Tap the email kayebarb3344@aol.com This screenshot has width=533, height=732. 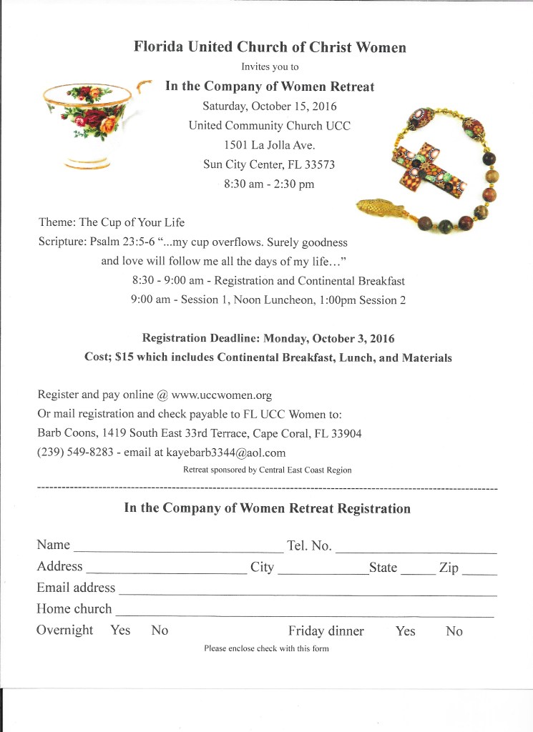pyautogui.click(x=226, y=452)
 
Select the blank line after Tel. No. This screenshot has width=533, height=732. pyautogui.click(x=416, y=552)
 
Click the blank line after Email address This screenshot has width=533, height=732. pyautogui.click(x=308, y=593)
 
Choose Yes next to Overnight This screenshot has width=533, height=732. pyautogui.click(x=120, y=630)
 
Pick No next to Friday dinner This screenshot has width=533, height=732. pyautogui.click(x=454, y=631)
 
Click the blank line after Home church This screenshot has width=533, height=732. pyautogui.click(x=304, y=614)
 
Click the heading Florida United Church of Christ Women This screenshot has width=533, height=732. pyautogui.click(x=270, y=48)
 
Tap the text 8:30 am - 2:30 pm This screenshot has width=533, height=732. pyautogui.click(x=269, y=184)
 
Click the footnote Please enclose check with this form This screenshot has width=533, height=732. pyautogui.click(x=266, y=648)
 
